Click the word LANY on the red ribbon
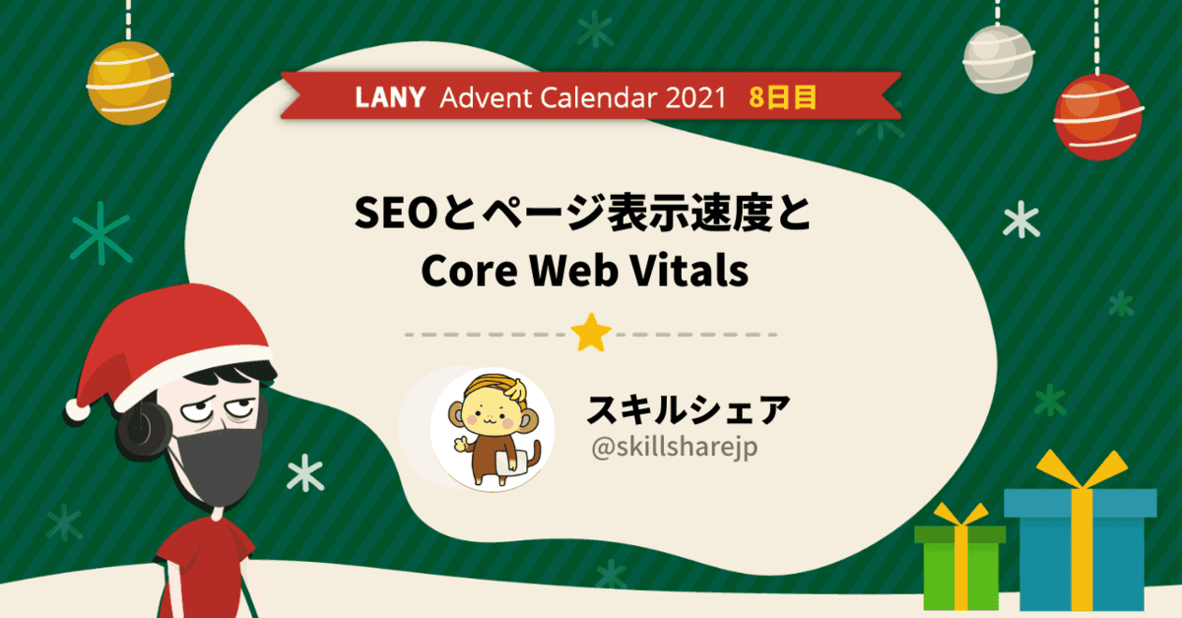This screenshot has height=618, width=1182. point(390,97)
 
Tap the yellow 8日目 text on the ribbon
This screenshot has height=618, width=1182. point(782,97)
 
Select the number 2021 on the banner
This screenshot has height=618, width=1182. point(696,97)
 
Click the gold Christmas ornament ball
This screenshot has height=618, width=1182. point(129,83)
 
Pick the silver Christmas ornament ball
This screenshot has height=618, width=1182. point(998,59)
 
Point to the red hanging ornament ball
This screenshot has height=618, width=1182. point(1097,117)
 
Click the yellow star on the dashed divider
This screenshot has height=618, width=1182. point(591,333)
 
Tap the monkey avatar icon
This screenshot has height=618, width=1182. point(492,429)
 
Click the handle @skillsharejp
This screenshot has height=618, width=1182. point(675,448)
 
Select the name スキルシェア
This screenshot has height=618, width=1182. point(689,409)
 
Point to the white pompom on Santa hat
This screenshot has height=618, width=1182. point(77,410)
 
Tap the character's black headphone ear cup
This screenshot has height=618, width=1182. point(143,430)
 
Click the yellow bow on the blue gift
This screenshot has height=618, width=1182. point(1082,469)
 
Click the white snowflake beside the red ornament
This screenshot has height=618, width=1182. point(1021,218)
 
